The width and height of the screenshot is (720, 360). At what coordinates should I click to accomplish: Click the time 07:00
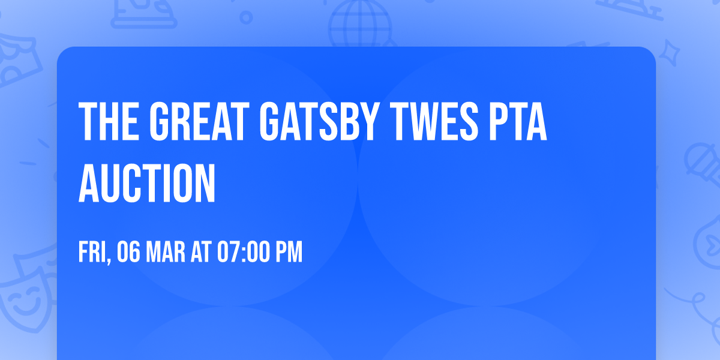[x=243, y=253]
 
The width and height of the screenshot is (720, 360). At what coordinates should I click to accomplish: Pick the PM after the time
[x=289, y=253]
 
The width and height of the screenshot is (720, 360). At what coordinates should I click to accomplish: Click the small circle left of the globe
[x=247, y=18]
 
